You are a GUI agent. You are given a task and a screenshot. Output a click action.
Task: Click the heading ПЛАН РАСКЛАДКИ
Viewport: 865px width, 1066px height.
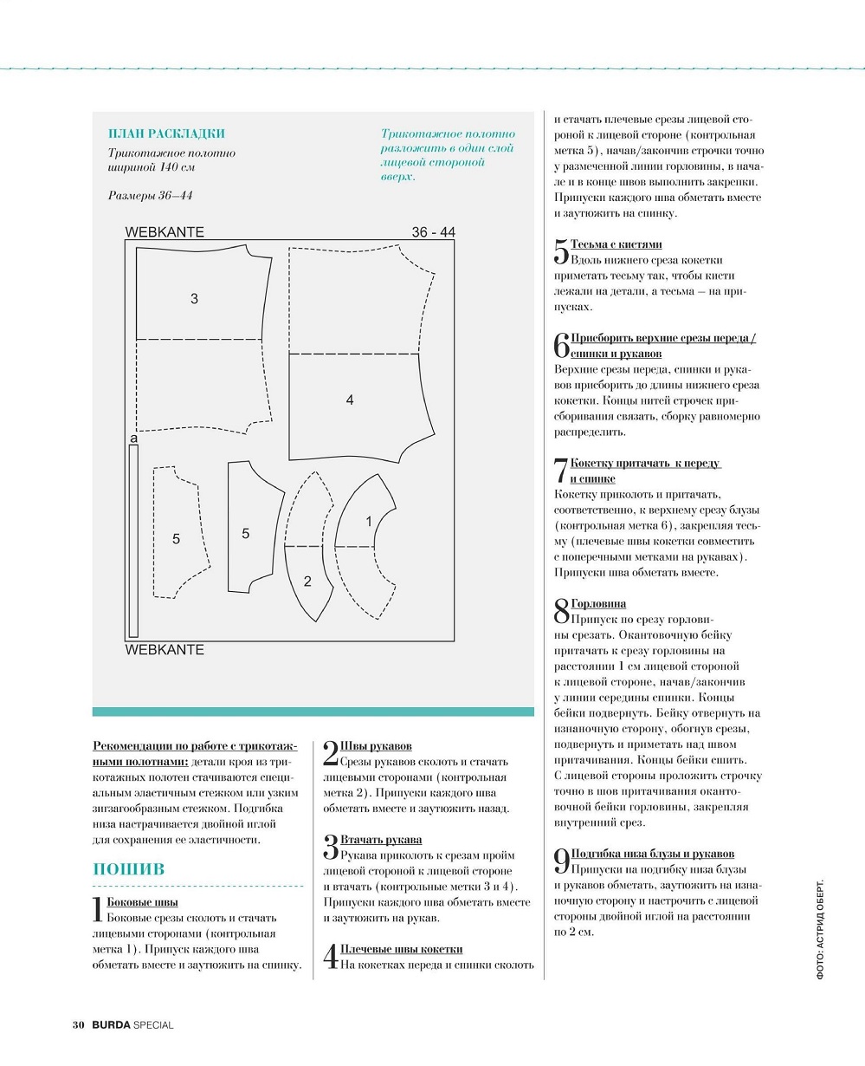(x=166, y=133)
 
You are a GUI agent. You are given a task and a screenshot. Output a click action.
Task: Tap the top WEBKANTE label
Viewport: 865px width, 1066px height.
(x=165, y=232)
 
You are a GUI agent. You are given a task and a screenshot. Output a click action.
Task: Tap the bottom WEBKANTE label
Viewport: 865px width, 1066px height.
(x=165, y=650)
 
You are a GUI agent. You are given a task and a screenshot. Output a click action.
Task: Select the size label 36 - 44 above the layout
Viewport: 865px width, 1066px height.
(x=434, y=232)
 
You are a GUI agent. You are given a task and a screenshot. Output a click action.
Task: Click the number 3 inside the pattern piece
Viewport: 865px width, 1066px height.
(x=195, y=299)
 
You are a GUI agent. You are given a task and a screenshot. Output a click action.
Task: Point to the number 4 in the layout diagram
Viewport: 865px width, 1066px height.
(x=350, y=400)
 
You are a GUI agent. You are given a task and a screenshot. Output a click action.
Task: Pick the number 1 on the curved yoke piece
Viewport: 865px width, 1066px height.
(x=369, y=522)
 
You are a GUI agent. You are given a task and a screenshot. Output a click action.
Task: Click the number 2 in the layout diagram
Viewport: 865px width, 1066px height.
(x=307, y=581)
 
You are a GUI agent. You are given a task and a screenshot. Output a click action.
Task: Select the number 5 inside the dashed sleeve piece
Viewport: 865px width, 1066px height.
(x=176, y=539)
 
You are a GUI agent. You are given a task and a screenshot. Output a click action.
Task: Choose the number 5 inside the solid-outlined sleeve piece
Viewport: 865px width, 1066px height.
(x=246, y=534)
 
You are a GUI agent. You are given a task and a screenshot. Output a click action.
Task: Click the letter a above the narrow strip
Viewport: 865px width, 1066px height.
(x=133, y=439)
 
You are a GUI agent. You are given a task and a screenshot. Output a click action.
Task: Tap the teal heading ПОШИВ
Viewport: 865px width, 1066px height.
(x=128, y=869)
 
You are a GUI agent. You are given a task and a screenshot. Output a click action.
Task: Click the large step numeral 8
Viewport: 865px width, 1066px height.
(x=562, y=611)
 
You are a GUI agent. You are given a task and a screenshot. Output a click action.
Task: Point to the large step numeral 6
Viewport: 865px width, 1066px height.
(x=562, y=345)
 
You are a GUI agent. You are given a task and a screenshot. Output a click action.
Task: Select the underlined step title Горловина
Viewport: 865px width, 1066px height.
(x=598, y=604)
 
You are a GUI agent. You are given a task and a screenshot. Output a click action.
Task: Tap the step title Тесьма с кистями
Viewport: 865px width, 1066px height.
(x=616, y=244)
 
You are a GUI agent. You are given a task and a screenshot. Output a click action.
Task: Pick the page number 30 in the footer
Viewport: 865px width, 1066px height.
(x=79, y=1025)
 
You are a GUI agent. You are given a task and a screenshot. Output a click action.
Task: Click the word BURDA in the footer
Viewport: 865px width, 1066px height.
(x=111, y=1025)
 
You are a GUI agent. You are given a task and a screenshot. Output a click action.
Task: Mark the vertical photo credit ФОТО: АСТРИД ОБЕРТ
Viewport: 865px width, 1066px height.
(x=820, y=929)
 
